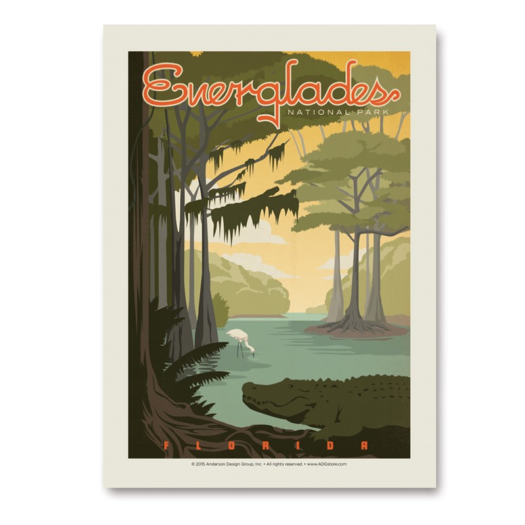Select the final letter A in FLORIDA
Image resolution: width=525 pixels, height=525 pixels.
(x=362, y=446)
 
